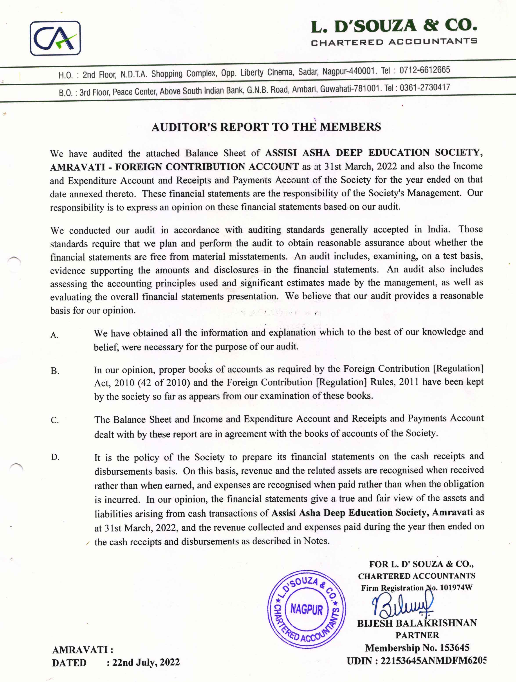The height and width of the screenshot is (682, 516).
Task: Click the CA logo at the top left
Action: (x=55, y=38)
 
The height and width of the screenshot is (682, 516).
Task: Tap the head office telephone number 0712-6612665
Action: (x=425, y=70)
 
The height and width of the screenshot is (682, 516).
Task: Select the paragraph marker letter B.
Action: (x=55, y=371)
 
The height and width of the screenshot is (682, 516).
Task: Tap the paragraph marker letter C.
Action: (x=55, y=420)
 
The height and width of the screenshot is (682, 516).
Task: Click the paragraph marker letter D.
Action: (x=55, y=457)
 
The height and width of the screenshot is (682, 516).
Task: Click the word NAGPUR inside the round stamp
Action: (x=306, y=609)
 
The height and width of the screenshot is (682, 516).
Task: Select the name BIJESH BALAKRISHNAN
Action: (x=417, y=623)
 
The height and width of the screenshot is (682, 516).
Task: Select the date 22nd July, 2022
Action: (x=146, y=662)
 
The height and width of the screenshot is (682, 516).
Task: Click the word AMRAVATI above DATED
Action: (x=80, y=650)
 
